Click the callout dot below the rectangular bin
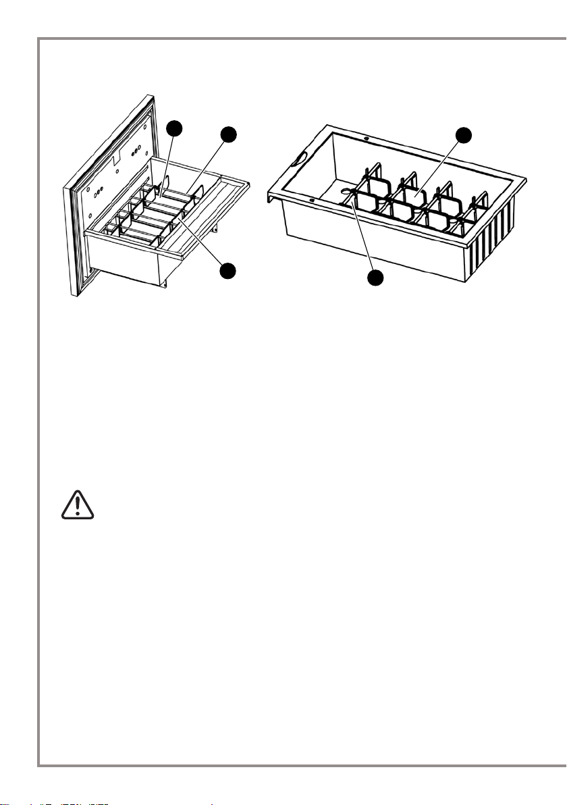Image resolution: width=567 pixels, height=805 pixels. [376, 278]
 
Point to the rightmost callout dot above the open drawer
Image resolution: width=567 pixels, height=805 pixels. [230, 134]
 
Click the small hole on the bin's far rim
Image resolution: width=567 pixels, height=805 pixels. [365, 138]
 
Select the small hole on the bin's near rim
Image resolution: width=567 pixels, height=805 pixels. [312, 201]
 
